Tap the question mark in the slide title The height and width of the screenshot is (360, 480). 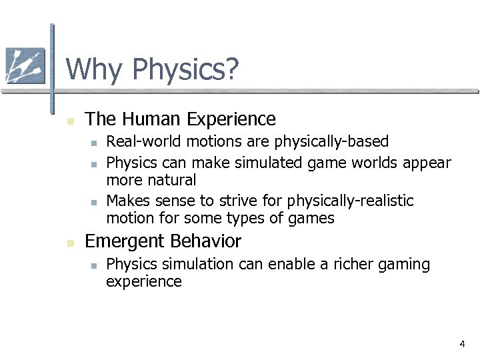click(231, 69)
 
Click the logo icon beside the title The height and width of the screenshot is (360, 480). click(25, 66)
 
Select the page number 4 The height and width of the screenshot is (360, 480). click(461, 344)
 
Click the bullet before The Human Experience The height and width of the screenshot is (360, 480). click(70, 121)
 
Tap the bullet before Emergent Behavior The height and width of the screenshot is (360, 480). click(70, 243)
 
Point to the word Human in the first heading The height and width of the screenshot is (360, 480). click(152, 119)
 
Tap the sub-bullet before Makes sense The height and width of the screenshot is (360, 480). click(95, 202)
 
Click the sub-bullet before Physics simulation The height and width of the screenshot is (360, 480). click(95, 265)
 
